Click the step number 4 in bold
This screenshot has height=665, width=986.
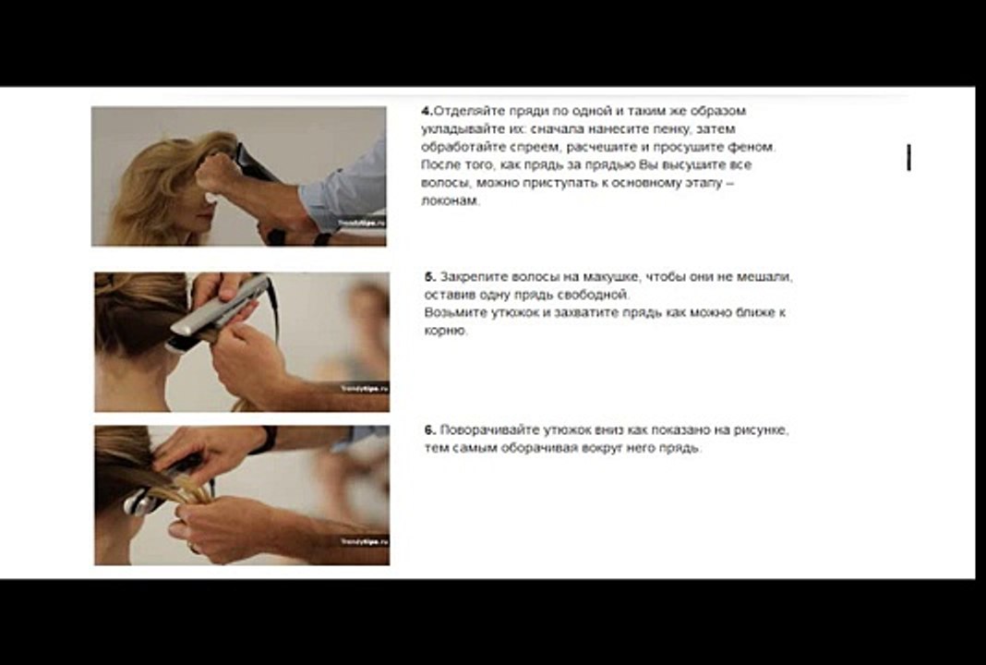(x=427, y=111)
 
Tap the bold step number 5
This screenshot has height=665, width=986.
(x=429, y=277)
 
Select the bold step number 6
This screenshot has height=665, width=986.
(x=429, y=430)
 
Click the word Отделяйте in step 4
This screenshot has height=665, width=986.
(x=465, y=111)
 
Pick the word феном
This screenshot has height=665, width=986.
(x=754, y=147)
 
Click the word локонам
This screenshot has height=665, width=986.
(x=450, y=201)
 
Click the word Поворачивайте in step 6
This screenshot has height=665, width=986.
(x=487, y=430)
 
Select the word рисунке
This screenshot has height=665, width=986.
(x=764, y=430)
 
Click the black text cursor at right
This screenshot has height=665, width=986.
(x=908, y=158)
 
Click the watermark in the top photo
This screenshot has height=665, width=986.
(x=361, y=224)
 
